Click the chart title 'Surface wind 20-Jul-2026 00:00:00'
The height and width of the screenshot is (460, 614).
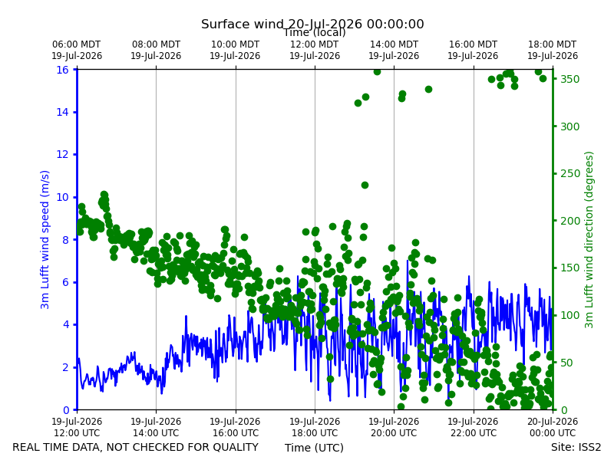tap(312, 24)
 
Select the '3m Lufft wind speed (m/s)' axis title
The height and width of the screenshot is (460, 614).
tap(45, 239)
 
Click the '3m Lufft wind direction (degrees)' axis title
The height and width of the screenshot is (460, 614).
tap(589, 240)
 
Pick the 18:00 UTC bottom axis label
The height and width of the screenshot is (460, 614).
tap(315, 427)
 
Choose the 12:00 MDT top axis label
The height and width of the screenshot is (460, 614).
tap(315, 50)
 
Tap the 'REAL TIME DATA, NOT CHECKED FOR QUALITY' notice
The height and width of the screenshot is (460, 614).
tap(136, 447)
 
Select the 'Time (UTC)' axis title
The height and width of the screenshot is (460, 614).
tap(314, 448)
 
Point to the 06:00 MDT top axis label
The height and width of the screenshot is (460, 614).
tap(77, 50)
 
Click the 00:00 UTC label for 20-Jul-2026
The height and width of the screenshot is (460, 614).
tap(553, 427)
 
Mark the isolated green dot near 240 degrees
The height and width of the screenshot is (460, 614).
tap(365, 185)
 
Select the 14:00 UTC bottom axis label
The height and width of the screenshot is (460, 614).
tap(156, 427)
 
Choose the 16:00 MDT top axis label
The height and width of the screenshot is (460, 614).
tap(473, 50)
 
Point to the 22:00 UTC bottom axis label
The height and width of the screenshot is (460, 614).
tap(473, 427)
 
